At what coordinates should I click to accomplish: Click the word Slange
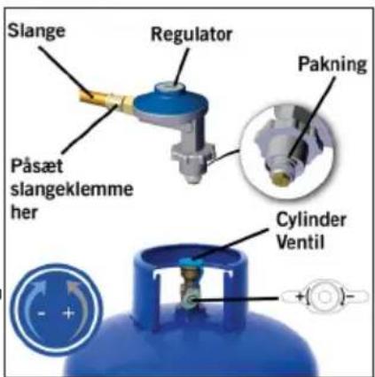click(36, 31)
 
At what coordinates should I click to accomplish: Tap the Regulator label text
click(191, 35)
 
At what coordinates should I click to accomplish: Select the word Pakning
click(332, 65)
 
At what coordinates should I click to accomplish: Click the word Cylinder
click(311, 220)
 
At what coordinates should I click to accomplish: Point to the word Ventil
click(301, 242)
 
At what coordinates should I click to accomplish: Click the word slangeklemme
click(72, 189)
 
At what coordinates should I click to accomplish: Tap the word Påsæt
click(36, 166)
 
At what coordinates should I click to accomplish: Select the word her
click(24, 212)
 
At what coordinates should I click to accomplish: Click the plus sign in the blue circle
click(68, 313)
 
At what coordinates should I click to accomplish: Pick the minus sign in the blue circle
click(42, 314)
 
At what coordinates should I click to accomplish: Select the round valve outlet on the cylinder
click(190, 301)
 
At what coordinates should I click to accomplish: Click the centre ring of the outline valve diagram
click(324, 296)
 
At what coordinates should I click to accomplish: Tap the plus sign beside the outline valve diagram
click(300, 296)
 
